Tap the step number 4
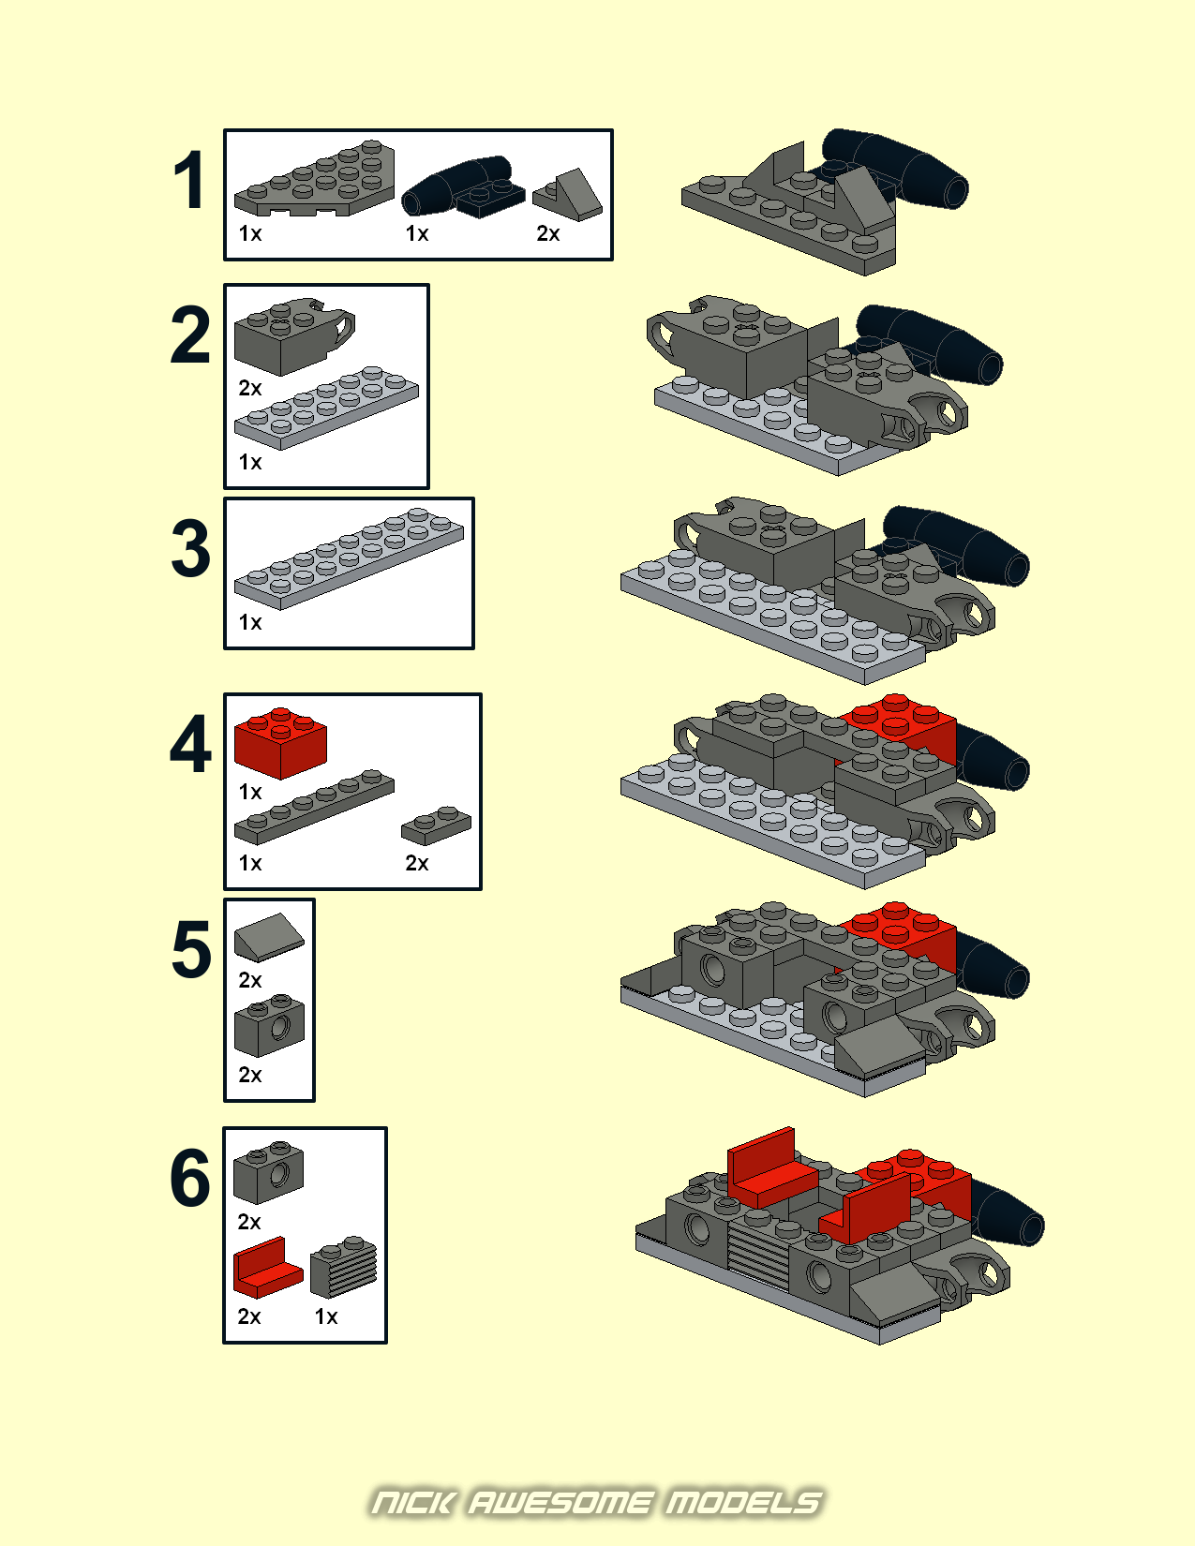click(x=190, y=746)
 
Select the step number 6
click(x=190, y=1178)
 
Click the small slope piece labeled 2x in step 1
click(x=569, y=195)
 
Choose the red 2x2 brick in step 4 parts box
click(x=280, y=742)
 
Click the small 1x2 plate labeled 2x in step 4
click(x=436, y=825)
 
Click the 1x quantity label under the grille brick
click(x=326, y=1316)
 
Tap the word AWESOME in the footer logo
click(x=560, y=1503)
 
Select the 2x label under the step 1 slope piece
click(x=548, y=233)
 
